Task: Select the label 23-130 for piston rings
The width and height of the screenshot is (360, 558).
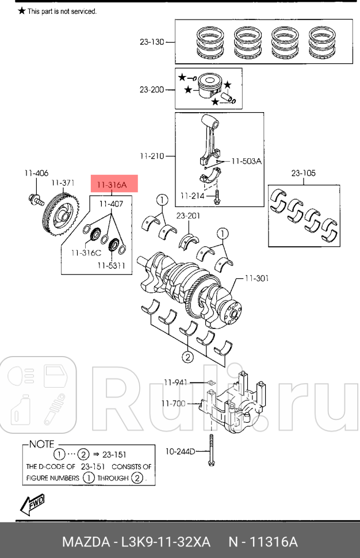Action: (x=151, y=42)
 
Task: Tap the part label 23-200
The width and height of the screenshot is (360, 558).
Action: (x=151, y=90)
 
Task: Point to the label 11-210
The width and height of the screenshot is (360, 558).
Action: (x=151, y=156)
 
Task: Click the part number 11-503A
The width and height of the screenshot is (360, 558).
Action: (x=247, y=162)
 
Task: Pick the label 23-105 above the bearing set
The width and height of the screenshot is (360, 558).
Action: (x=302, y=173)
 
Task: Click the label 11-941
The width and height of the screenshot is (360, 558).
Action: (x=175, y=382)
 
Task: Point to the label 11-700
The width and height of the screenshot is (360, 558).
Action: (x=174, y=403)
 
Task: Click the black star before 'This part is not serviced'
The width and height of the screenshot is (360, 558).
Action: (x=22, y=11)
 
